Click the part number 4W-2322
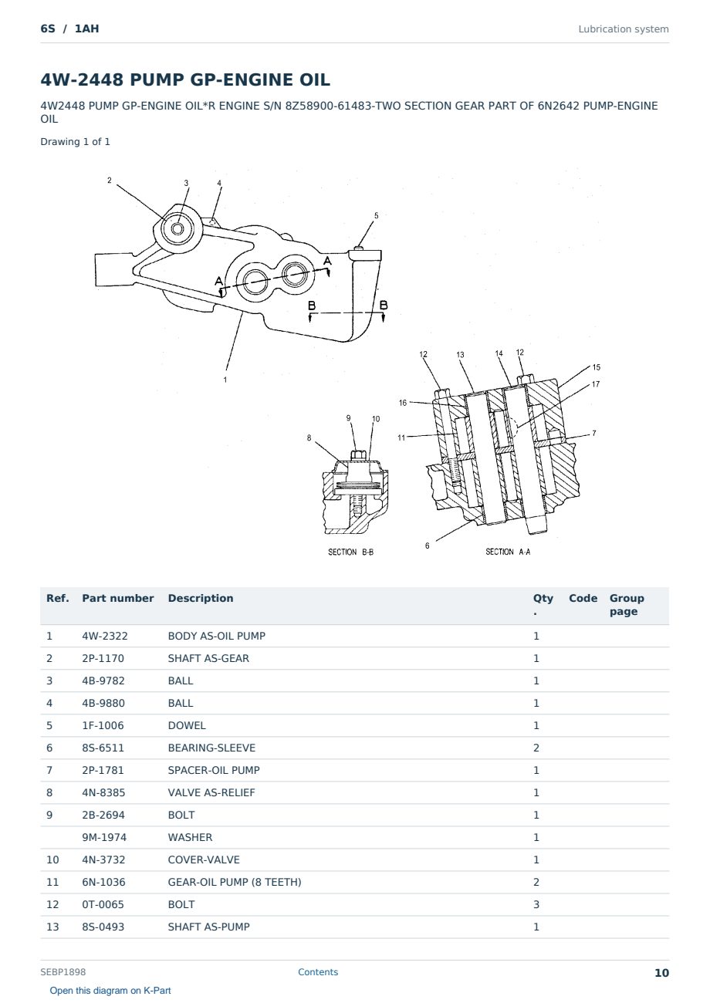[104, 636]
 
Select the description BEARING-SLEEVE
[211, 748]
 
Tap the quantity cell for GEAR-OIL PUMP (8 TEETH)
[536, 882]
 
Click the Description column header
[200, 598]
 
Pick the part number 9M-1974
[104, 837]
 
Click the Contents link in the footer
[318, 971]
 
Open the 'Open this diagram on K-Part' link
[110, 991]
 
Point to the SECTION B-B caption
[350, 552]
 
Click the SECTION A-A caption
[508, 552]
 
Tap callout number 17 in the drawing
[595, 384]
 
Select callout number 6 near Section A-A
[428, 545]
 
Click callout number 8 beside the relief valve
[309, 437]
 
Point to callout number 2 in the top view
[110, 180]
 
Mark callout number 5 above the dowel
[377, 215]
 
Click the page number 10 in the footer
[661, 973]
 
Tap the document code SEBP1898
[63, 971]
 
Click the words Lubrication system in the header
[624, 29]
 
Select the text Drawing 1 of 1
[76, 142]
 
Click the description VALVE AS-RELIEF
[211, 792]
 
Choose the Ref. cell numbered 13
[52, 927]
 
